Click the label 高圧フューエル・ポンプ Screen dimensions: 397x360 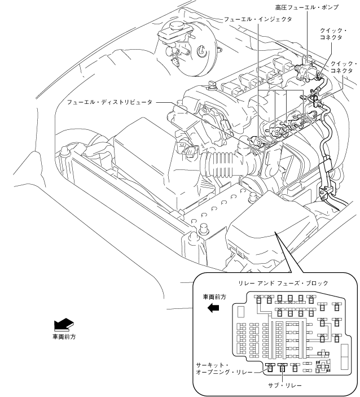[x=307, y=7]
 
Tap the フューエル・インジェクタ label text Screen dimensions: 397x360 [x=258, y=19]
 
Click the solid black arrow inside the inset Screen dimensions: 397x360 [x=213, y=307]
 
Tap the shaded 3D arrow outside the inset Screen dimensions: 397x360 [x=64, y=324]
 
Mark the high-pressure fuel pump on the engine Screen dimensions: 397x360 [x=305, y=71]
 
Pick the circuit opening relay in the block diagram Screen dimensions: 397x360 [x=270, y=368]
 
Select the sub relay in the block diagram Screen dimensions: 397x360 [x=283, y=368]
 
